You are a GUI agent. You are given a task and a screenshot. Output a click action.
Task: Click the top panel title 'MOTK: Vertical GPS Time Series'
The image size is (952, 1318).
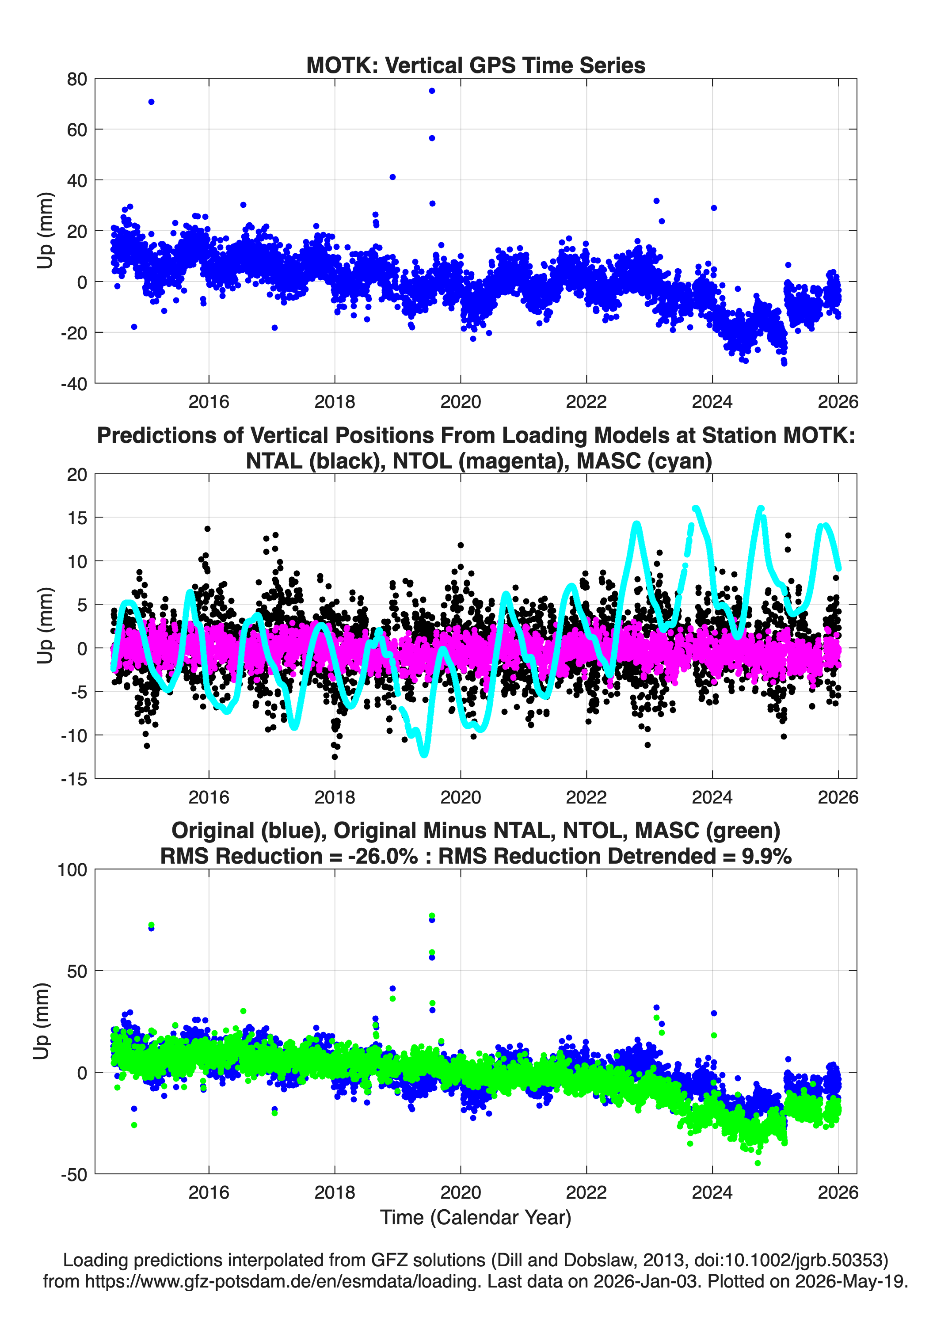pyautogui.click(x=476, y=65)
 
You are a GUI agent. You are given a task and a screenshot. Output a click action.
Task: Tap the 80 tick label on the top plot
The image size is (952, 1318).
pyautogui.click(x=77, y=79)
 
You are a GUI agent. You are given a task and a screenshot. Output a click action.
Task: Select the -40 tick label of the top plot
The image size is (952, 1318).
pyautogui.click(x=74, y=384)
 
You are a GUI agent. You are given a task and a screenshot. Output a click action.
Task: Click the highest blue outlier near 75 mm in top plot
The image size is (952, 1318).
pyautogui.click(x=432, y=91)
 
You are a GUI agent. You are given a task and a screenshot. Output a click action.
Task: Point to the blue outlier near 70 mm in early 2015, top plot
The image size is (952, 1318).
pyautogui.click(x=151, y=102)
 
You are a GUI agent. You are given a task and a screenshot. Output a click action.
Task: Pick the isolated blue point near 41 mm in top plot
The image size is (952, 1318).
pyautogui.click(x=392, y=177)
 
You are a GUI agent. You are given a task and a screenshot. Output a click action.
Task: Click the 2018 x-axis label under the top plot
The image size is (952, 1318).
pyautogui.click(x=335, y=402)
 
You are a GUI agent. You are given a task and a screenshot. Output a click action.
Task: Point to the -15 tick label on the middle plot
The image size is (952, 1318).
pyautogui.click(x=74, y=779)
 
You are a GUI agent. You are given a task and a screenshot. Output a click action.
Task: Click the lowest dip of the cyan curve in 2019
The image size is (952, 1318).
pyautogui.click(x=424, y=754)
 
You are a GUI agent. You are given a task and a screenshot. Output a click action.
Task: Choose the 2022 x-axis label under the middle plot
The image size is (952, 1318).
pyautogui.click(x=586, y=797)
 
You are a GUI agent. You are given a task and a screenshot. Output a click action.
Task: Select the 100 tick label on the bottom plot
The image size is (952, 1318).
pyautogui.click(x=72, y=870)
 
